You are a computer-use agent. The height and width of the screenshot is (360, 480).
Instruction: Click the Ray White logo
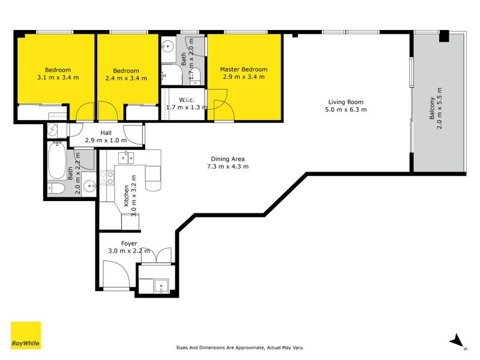pos(26,335)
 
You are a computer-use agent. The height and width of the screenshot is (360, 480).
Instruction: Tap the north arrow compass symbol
pos(458,340)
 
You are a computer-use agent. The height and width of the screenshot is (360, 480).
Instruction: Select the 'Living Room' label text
pos(345,102)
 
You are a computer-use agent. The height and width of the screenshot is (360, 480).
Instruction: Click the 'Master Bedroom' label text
pos(243,69)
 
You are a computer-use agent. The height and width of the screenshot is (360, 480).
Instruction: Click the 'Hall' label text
pos(106,133)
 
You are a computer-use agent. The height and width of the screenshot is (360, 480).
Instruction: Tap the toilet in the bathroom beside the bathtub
pos(57,189)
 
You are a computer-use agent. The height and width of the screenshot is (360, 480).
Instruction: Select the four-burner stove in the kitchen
pos(107,178)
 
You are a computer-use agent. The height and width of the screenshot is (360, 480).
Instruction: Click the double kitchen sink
pos(127,158)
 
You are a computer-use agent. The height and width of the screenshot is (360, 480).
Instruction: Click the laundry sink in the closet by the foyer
pos(159,286)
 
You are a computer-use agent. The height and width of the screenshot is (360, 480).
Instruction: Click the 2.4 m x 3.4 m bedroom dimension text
pos(126,78)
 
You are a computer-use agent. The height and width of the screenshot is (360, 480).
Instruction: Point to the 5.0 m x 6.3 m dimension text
pos(346,110)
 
